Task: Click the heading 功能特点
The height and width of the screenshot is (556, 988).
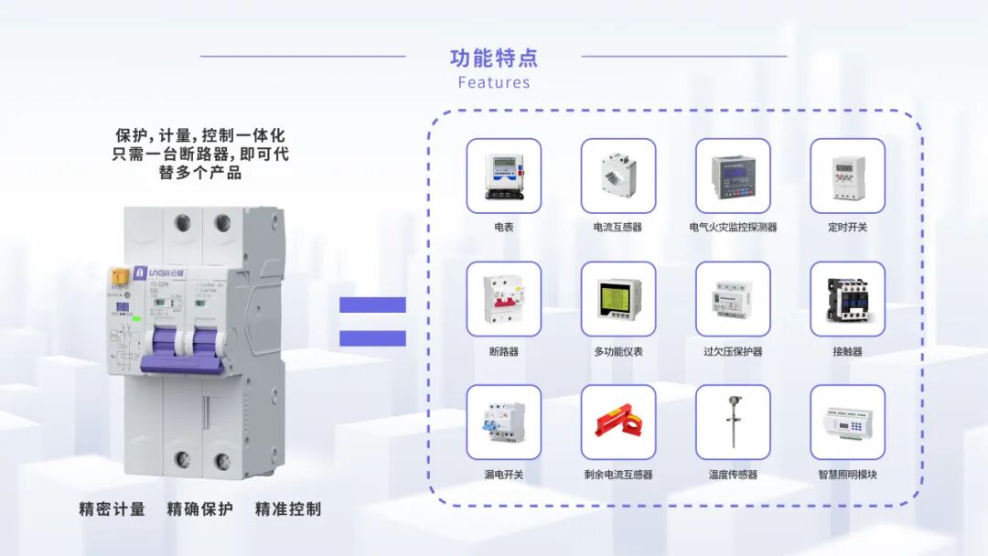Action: [x=494, y=59]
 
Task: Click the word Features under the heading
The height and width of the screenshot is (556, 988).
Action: [x=494, y=82]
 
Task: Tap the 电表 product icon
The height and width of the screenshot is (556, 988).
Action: [x=503, y=176]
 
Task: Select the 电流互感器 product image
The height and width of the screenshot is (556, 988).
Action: [x=618, y=176]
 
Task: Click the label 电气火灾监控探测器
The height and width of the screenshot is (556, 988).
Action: [x=733, y=227]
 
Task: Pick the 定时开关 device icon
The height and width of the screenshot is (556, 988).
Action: [x=847, y=176]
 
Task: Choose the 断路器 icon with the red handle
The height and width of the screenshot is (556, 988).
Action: [x=503, y=299]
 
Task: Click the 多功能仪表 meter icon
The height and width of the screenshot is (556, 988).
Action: [x=618, y=299]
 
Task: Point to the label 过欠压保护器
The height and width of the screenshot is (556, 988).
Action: [x=733, y=351]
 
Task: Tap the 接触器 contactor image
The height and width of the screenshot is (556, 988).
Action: [x=847, y=299]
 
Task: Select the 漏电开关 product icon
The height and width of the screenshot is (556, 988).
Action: [x=503, y=422]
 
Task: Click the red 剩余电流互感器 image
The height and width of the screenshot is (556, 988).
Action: [x=618, y=422]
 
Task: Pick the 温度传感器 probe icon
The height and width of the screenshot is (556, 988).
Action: [x=733, y=422]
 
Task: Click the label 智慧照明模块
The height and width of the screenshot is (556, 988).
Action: [x=847, y=475]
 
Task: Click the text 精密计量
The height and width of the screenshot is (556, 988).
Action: [x=113, y=509]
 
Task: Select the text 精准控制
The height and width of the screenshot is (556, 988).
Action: [x=288, y=509]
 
